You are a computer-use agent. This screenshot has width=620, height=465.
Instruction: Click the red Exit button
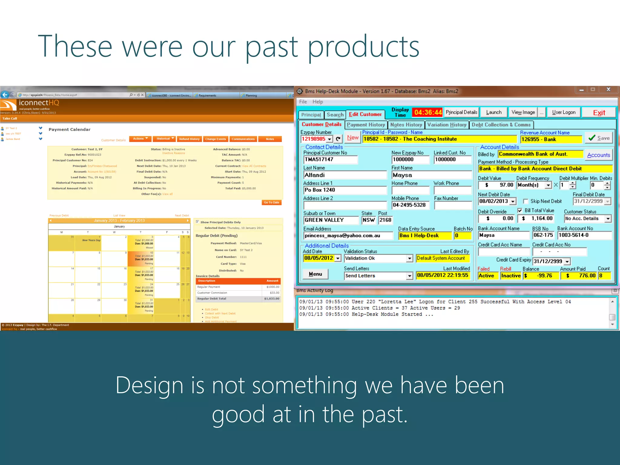tap(599, 113)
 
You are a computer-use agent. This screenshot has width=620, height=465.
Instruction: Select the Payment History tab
tap(366, 125)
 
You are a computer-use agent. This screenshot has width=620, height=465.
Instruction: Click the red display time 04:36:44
tap(428, 113)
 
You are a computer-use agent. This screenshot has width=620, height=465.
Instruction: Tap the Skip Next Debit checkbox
tap(526, 201)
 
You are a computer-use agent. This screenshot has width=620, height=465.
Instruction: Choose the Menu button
tap(315, 274)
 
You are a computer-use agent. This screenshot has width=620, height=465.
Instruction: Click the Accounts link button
tap(598, 155)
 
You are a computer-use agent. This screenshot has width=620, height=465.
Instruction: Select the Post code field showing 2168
tap(385, 220)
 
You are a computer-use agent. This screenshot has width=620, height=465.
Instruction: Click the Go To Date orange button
tap(271, 203)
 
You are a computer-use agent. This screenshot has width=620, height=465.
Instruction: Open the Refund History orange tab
tap(189, 139)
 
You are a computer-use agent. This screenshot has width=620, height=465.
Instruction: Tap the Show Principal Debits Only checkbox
tap(197, 222)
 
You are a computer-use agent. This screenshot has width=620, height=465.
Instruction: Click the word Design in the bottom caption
tap(149, 385)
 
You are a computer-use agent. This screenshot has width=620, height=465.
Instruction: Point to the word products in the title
tap(363, 47)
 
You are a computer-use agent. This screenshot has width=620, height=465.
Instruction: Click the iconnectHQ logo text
tap(39, 103)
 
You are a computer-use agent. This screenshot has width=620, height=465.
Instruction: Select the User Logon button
tap(563, 112)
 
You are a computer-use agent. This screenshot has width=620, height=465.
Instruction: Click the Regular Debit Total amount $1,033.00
tap(271, 299)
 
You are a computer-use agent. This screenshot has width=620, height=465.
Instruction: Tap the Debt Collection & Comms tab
tap(501, 125)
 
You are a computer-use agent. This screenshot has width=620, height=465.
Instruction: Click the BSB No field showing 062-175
tap(543, 235)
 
